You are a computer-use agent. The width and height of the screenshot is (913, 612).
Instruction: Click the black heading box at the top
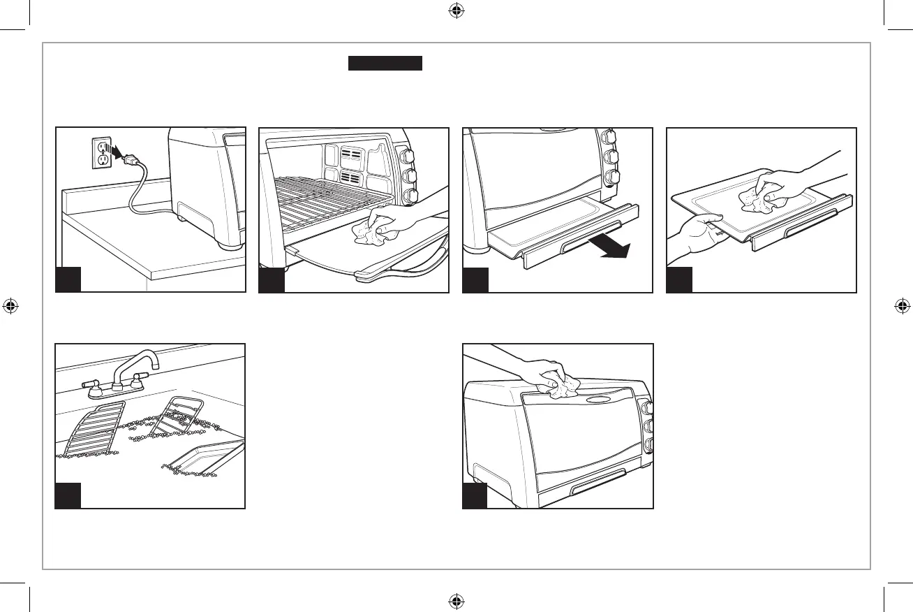[x=386, y=64]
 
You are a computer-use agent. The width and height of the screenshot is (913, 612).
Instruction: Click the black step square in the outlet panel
[x=68, y=279]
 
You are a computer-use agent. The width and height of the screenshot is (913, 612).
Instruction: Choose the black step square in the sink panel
[x=68, y=495]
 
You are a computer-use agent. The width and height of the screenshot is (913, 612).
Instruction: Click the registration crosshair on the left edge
[x=11, y=306]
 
